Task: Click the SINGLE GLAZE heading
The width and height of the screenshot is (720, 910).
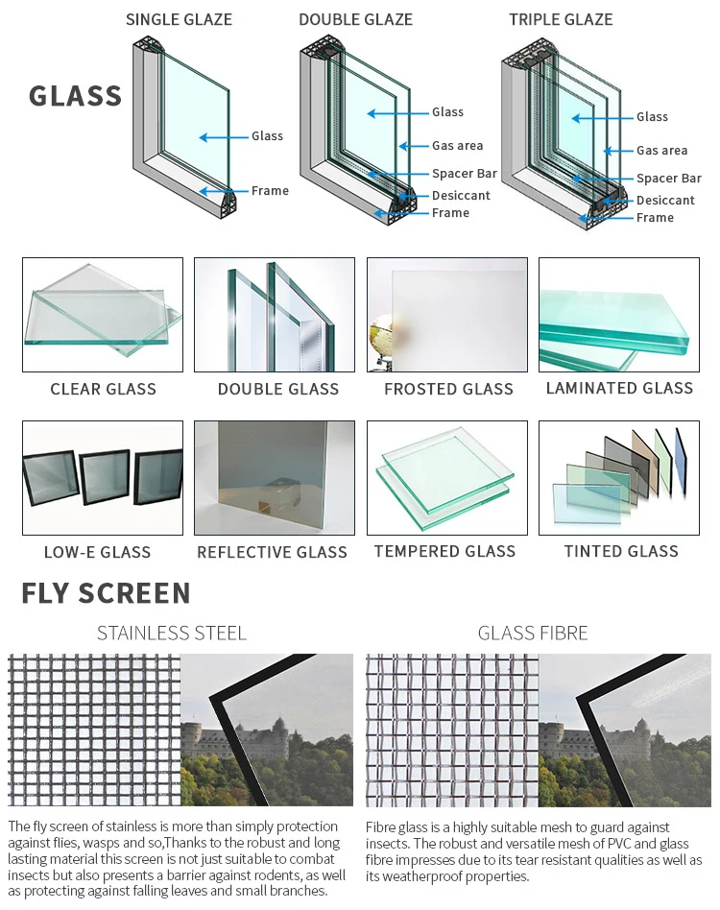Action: [179, 19]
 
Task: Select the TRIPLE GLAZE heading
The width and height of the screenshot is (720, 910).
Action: [561, 19]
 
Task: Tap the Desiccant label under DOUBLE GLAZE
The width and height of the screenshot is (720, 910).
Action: [461, 195]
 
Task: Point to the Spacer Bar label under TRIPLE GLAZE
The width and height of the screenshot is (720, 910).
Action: [669, 178]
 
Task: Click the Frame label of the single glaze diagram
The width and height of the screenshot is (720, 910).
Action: [270, 190]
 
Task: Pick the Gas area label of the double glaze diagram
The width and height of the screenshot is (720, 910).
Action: [457, 145]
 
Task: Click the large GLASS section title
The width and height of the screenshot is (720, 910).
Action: [75, 96]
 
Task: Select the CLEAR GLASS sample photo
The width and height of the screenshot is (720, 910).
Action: [103, 315]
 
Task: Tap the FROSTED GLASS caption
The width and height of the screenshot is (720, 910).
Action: [448, 389]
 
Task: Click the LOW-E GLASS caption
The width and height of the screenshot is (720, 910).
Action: [97, 552]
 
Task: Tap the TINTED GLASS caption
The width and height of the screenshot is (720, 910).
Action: [621, 551]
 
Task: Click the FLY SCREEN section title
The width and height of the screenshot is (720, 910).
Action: [106, 593]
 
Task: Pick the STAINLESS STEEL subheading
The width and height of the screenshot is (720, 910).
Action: [172, 633]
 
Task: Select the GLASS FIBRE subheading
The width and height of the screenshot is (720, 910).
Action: [533, 633]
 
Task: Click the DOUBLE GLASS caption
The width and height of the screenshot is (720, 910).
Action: [278, 389]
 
